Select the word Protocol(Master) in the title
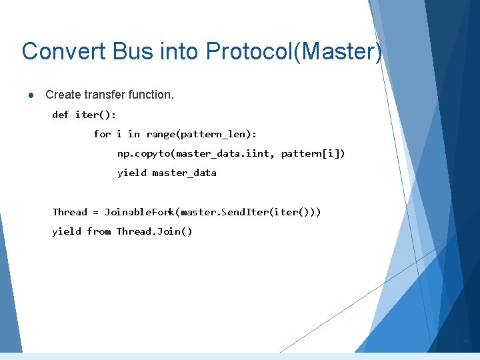(294, 51)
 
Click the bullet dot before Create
(31, 95)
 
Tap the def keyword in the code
(61, 115)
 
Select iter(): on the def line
(91, 115)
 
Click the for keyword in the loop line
(102, 134)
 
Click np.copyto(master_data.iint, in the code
(196, 154)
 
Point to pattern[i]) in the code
(313, 154)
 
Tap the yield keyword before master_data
(131, 173)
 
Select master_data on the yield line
(184, 173)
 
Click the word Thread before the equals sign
(70, 212)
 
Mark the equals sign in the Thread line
(96, 213)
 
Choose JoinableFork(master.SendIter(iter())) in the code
(213, 212)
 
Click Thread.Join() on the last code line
(154, 231)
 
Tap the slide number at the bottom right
(466, 341)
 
